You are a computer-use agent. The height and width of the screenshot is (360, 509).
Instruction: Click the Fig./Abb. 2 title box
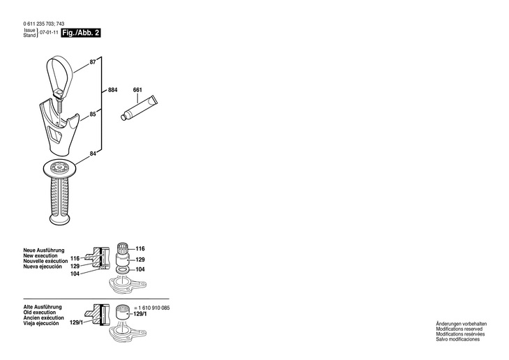[x=81, y=33]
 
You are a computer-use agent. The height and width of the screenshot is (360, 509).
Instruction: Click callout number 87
[x=93, y=63]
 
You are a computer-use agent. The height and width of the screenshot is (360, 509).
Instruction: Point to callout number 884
[x=113, y=90]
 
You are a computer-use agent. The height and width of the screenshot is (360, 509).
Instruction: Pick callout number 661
[x=137, y=90]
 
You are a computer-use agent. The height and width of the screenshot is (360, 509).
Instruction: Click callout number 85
[x=93, y=114]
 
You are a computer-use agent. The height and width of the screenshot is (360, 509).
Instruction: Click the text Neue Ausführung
[x=44, y=250]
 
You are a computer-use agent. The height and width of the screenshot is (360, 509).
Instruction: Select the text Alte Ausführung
[x=43, y=307]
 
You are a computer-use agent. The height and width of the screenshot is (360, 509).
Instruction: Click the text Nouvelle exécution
[x=45, y=261]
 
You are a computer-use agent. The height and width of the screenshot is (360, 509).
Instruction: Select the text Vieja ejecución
[x=42, y=324]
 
